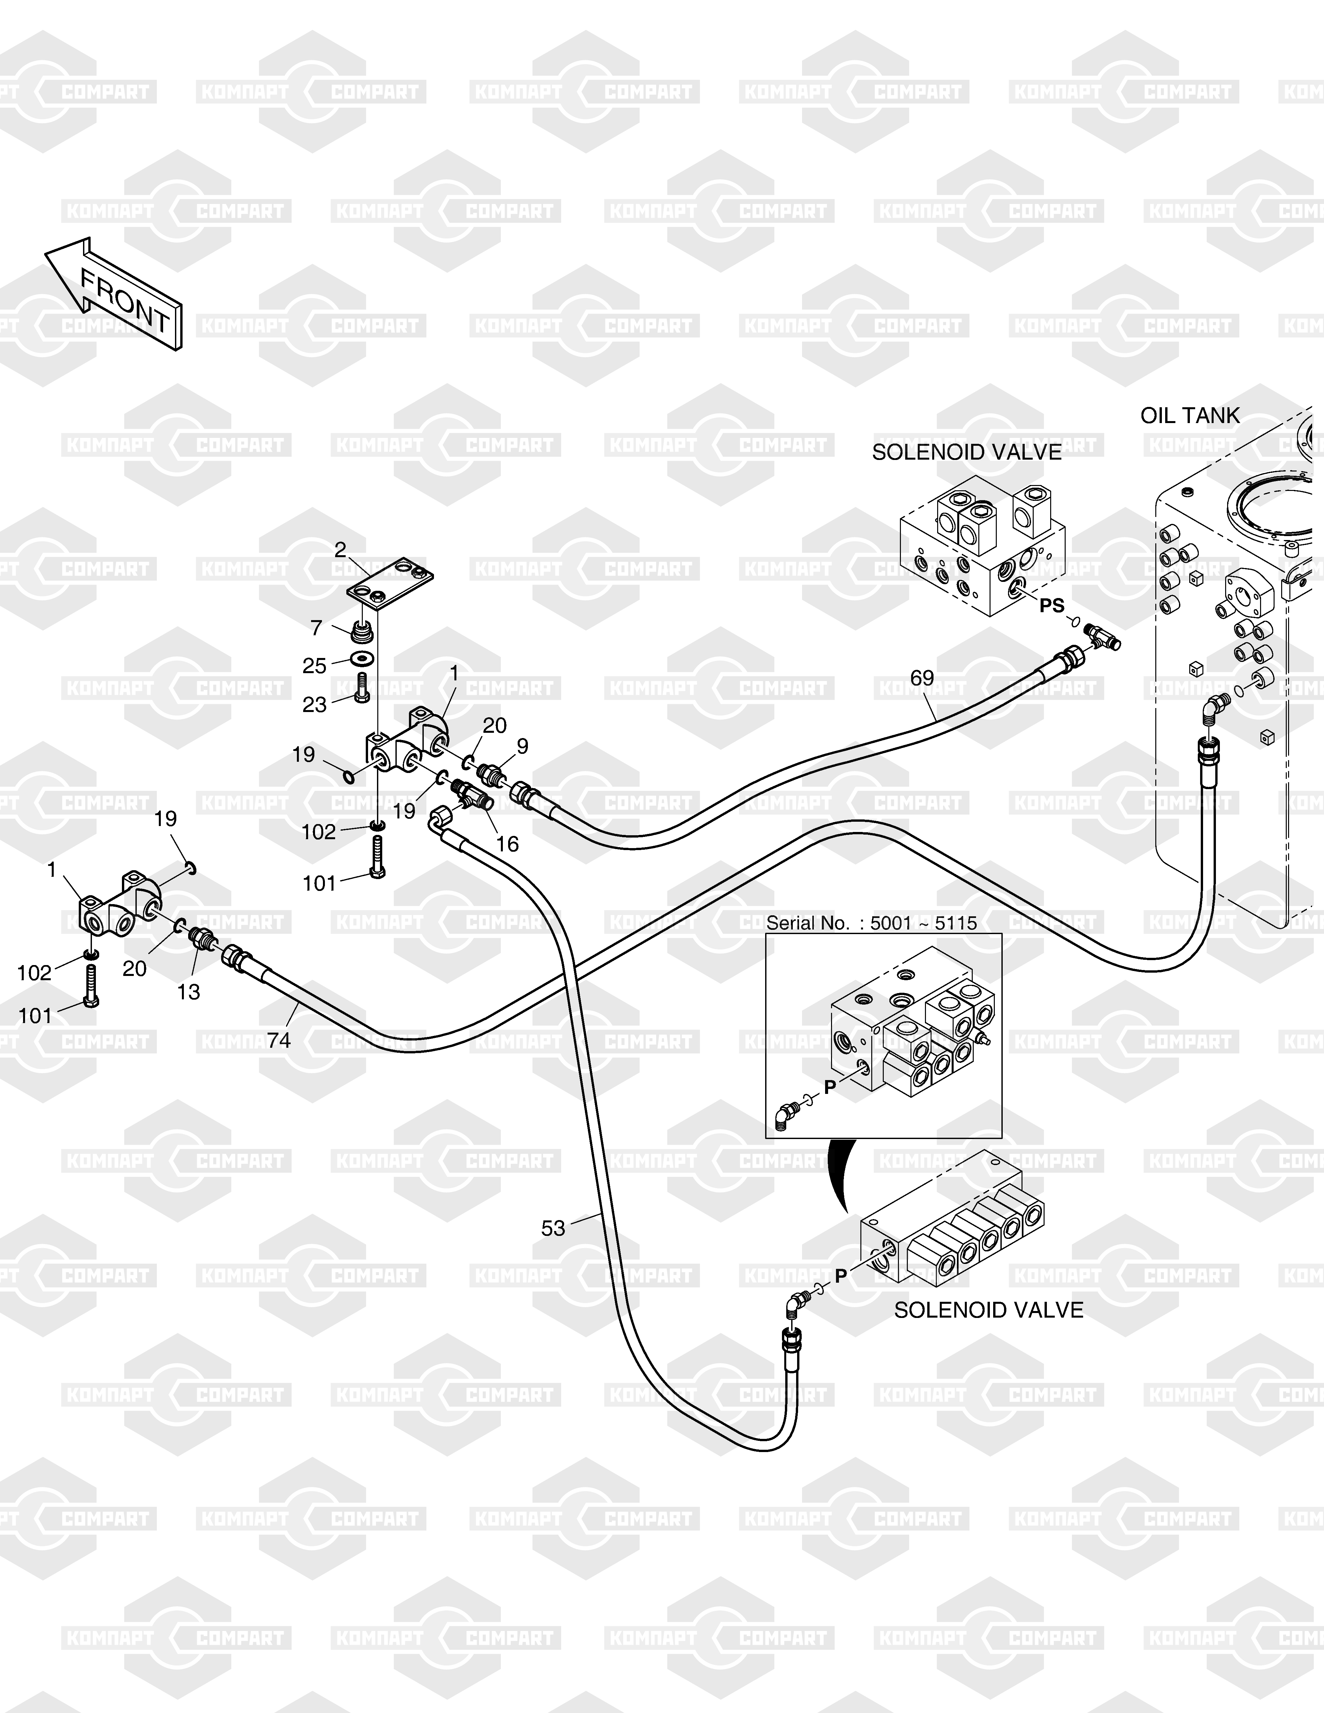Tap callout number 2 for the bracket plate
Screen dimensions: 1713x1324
coord(340,551)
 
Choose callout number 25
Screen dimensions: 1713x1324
coord(315,666)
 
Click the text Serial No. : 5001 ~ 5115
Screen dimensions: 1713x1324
coord(872,923)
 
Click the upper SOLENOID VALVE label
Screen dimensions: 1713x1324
coord(966,453)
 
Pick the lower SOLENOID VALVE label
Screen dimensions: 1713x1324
coord(988,1310)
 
